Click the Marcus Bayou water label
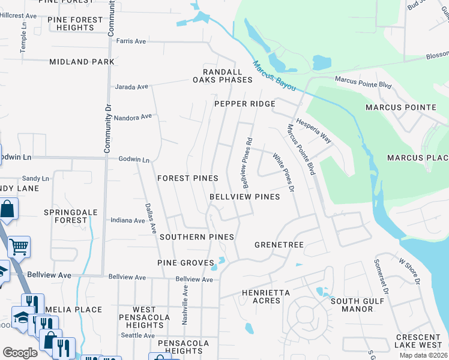click(274, 76)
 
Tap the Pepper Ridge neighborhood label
click(245, 104)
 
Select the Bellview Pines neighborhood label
click(245, 197)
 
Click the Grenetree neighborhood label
click(279, 245)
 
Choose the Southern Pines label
click(196, 237)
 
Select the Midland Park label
click(82, 62)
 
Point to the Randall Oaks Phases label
click(223, 76)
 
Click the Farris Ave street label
click(131, 41)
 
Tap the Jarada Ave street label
click(131, 87)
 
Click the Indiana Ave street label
click(128, 220)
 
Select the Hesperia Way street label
click(314, 129)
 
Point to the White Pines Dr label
click(283, 172)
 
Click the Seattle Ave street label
click(138, 335)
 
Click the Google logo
click(20, 352)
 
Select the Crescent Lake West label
click(418, 341)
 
